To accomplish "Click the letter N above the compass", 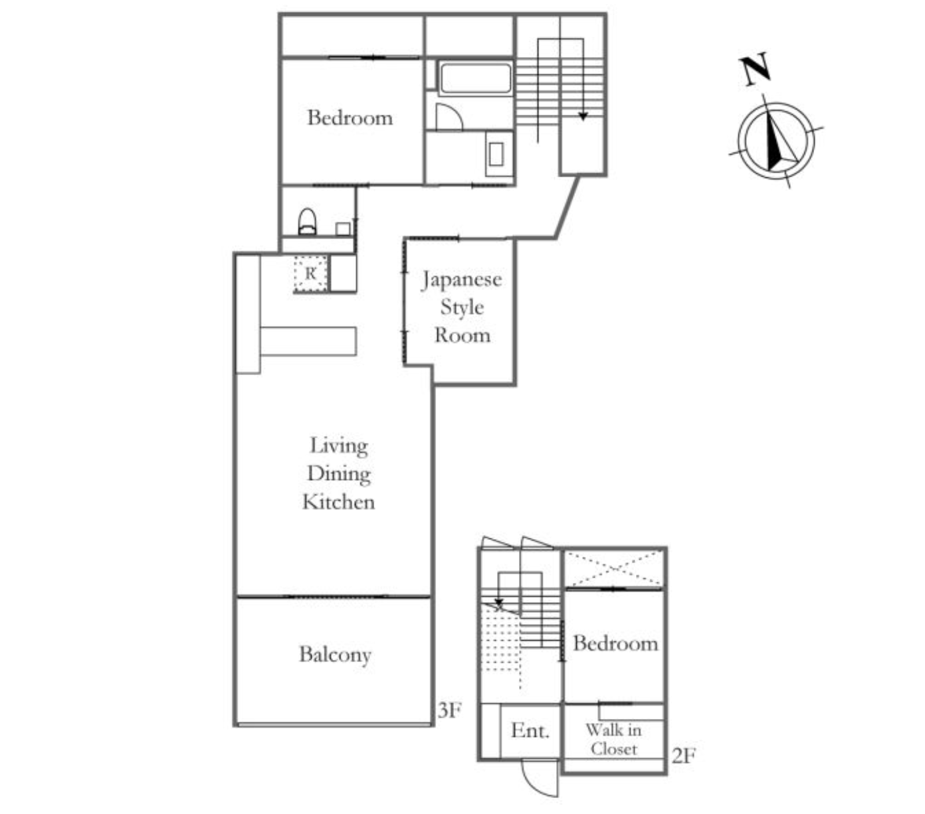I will pos(756,69).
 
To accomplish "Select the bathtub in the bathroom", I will pos(474,78).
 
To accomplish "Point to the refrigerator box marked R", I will pos(310,274).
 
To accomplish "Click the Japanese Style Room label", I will pos(461,307).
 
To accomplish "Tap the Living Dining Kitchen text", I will pos(338,473).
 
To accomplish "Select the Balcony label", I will pos(335,655).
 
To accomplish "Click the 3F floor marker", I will pos(450,711).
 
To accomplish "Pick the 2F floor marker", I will pos(683,756).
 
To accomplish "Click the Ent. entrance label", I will pos(530,731).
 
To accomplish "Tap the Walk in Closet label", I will pos(613,740).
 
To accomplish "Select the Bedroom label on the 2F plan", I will pos(615,643).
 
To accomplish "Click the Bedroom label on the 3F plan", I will pos(350,118).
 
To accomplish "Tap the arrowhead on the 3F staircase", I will pos(583,116).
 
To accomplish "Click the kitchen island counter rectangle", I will pos(308,341).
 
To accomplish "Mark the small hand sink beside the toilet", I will pos(343,229).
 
